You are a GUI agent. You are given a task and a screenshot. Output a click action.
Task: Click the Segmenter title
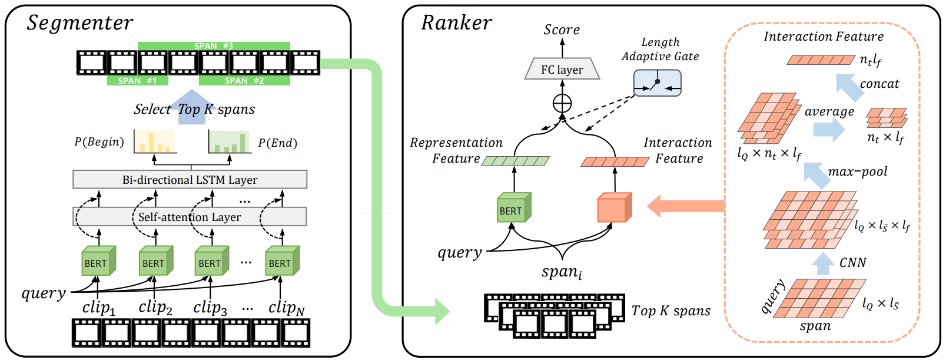(x=80, y=23)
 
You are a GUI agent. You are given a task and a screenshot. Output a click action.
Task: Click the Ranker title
(x=456, y=23)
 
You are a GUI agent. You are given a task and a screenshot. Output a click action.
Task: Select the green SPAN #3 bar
(x=214, y=46)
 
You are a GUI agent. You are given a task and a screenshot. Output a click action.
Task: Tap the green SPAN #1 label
(x=137, y=81)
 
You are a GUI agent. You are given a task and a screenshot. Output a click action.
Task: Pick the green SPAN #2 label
(x=244, y=81)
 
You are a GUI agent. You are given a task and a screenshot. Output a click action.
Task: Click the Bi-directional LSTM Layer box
(x=190, y=180)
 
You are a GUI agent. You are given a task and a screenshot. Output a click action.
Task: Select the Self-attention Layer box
(x=190, y=217)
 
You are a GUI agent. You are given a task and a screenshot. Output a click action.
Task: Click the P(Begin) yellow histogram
(x=154, y=142)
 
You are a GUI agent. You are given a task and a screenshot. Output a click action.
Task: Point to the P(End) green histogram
(x=230, y=142)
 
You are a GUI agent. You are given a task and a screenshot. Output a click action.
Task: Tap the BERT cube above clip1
(x=98, y=261)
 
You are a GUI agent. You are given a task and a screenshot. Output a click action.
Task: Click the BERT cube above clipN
(x=282, y=261)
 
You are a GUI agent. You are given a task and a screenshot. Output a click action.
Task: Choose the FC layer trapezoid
(x=562, y=70)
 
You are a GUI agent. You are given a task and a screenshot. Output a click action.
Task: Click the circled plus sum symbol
(x=562, y=103)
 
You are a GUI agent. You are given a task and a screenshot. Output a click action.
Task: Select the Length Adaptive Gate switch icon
(x=657, y=83)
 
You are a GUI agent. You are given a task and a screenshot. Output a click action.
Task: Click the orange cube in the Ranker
(x=614, y=208)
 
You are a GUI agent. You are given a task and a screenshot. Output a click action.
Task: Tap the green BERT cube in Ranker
(x=513, y=208)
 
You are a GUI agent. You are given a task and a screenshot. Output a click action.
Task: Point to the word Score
(x=562, y=29)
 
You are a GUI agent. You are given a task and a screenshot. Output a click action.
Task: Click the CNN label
(x=852, y=263)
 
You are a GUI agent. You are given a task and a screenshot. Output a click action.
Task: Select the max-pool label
(x=858, y=172)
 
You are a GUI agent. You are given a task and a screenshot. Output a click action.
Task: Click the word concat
(x=879, y=84)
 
